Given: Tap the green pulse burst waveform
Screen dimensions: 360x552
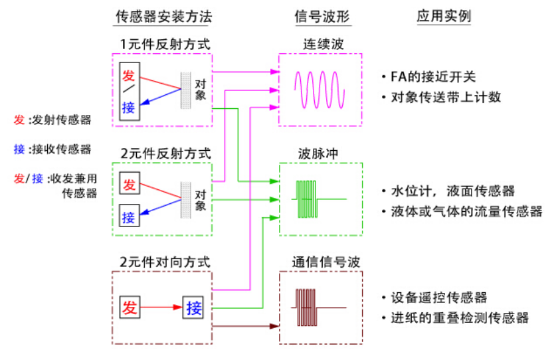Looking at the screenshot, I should tap(319, 198).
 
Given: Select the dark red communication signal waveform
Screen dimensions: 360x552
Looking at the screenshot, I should tap(320, 307).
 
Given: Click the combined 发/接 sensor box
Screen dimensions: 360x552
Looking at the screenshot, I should tap(129, 91).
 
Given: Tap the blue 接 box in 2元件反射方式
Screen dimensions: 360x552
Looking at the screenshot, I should tap(129, 216).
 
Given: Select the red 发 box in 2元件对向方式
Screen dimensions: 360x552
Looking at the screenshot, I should tap(130, 308).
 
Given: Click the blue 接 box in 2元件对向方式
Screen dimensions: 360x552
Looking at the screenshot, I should tap(194, 308).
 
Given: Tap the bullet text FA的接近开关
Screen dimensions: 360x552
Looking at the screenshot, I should tap(433, 77).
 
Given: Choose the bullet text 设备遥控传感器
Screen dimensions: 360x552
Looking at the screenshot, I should tap(439, 298).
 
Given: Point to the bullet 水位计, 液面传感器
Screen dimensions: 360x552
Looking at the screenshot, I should tap(452, 191).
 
